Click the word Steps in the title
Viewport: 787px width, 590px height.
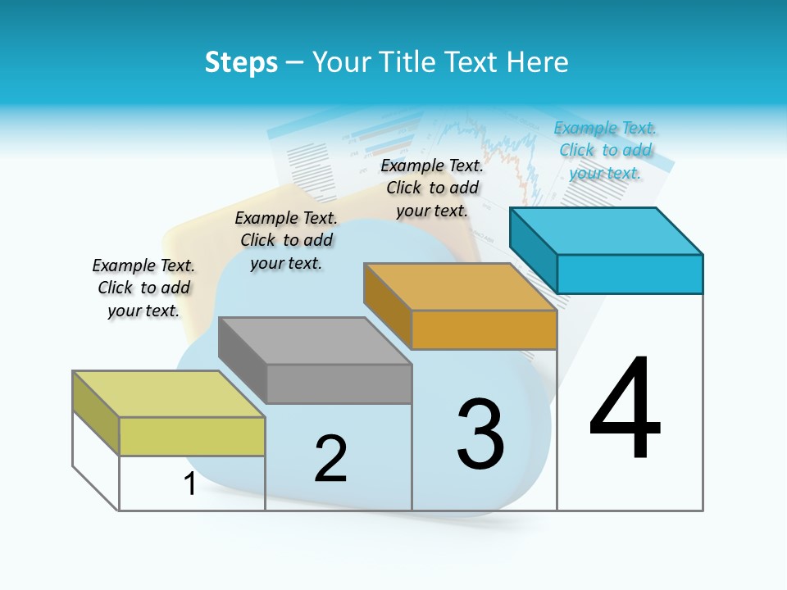(241, 62)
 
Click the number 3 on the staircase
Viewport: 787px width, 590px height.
(480, 434)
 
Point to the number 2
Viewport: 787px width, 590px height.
(330, 459)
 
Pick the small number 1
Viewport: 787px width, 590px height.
(190, 484)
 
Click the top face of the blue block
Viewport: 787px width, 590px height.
(607, 230)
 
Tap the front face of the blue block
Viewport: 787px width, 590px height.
(630, 274)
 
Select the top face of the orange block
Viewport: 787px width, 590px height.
(461, 287)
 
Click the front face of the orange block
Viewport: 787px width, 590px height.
(484, 329)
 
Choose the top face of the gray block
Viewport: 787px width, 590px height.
(315, 340)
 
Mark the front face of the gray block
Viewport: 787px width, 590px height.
(339, 383)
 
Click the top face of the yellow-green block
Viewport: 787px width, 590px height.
(169, 394)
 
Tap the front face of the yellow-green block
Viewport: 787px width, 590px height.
(192, 436)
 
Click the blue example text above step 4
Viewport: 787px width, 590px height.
(605, 151)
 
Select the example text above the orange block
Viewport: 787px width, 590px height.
(432, 188)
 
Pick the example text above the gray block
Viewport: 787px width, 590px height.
(286, 240)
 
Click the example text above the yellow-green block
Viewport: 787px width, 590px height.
(143, 288)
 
